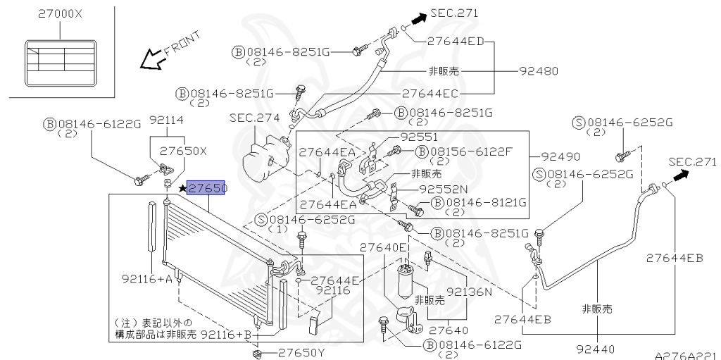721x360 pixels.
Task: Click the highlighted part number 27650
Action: (206, 188)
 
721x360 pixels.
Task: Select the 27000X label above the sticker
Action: (60, 14)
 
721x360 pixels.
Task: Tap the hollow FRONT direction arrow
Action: (152, 59)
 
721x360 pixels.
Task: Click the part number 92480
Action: (539, 71)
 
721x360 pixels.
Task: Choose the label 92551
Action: (419, 137)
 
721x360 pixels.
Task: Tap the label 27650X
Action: (184, 151)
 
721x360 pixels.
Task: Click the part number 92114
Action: (166, 120)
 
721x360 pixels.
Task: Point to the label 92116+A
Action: (147, 278)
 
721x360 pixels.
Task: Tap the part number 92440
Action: (596, 349)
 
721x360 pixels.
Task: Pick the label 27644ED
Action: (456, 41)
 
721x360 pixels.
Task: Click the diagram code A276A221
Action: (687, 355)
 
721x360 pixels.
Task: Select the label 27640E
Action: (384, 248)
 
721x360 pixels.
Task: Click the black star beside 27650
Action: (182, 188)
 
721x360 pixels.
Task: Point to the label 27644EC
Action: (430, 94)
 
